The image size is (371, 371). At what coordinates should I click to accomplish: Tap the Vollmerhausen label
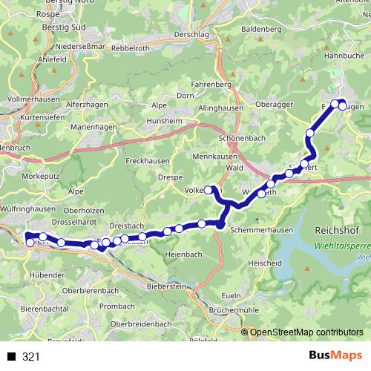click(x=32, y=98)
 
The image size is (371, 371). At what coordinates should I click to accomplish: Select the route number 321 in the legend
click(x=30, y=356)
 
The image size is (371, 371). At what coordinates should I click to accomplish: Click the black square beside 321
click(x=11, y=356)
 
